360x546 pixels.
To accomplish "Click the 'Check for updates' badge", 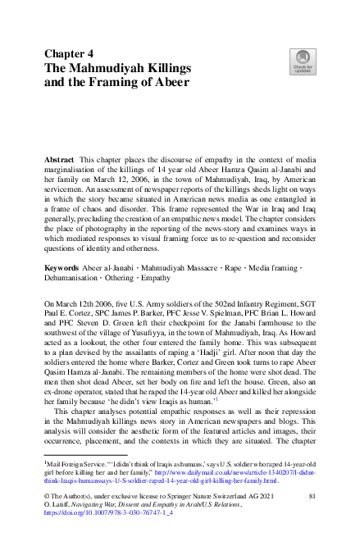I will pyautogui.click(x=302, y=59).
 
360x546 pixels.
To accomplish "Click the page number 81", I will pyautogui.click(x=311, y=496).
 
